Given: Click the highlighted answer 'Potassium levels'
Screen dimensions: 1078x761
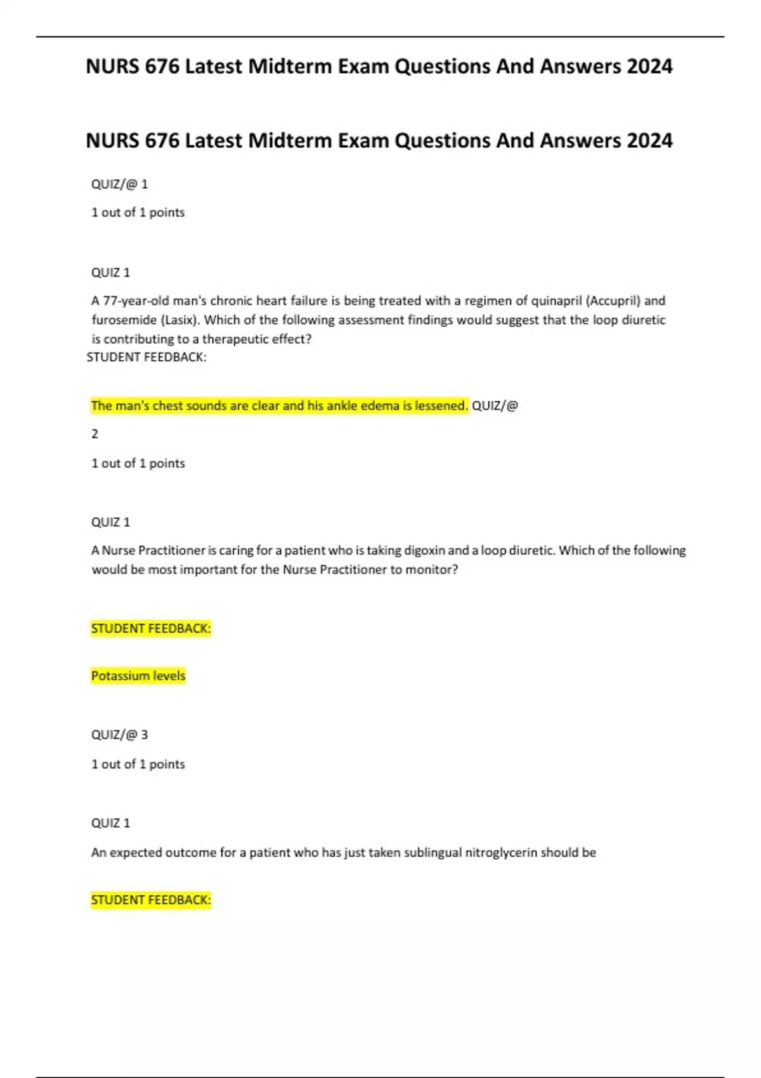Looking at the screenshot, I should [138, 676].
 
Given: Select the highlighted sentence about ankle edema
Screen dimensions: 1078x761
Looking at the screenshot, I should [279, 406].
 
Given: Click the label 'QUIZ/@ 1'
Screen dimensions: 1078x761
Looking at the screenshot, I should [119, 185].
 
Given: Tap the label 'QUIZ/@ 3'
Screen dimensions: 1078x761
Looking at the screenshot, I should [119, 735].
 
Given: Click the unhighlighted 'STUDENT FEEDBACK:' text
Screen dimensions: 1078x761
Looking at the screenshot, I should [146, 357].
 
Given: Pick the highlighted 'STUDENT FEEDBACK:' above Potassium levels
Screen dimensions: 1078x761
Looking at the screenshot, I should [151, 628].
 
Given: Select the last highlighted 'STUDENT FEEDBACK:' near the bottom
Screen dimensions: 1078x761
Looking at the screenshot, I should [151, 900].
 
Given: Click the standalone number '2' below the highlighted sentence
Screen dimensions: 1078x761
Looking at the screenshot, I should [95, 434].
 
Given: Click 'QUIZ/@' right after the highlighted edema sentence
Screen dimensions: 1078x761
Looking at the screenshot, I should [495, 406].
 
